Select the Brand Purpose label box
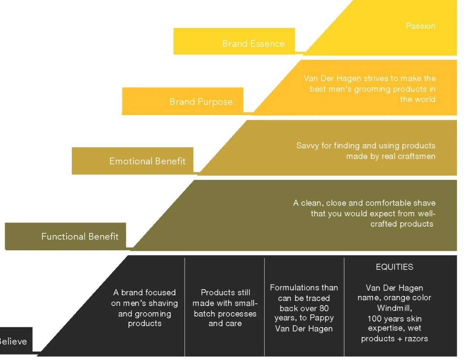(x=183, y=101)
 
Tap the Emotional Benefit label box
(x=132, y=161)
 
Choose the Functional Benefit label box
(x=66, y=236)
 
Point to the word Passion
(x=420, y=26)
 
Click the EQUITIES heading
(x=394, y=267)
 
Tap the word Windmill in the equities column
(x=394, y=308)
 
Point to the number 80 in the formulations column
(x=324, y=308)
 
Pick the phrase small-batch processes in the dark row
(x=225, y=308)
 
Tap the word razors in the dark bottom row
(x=416, y=338)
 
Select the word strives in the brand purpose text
(x=375, y=78)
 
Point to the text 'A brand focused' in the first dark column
(x=144, y=293)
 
